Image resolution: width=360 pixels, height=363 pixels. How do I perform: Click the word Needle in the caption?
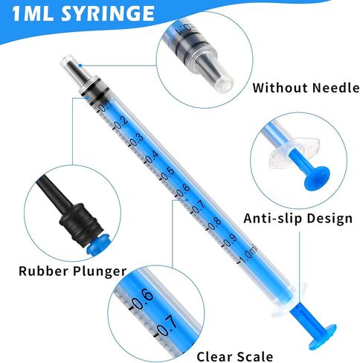click(x=335, y=88)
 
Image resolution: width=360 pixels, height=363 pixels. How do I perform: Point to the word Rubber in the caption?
click(x=44, y=271)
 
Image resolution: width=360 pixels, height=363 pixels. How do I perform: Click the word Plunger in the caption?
click(x=100, y=272)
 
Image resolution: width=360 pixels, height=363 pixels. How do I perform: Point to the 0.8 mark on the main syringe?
click(x=215, y=224)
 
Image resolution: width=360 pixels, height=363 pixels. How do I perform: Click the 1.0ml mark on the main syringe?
click(x=248, y=254)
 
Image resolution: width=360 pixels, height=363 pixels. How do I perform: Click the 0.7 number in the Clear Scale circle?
click(x=167, y=325)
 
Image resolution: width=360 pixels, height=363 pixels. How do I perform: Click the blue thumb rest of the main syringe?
click(x=322, y=336)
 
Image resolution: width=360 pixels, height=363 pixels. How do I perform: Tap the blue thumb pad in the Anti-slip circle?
click(x=317, y=178)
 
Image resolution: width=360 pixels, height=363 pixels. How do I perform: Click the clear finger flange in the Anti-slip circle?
click(x=293, y=155)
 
